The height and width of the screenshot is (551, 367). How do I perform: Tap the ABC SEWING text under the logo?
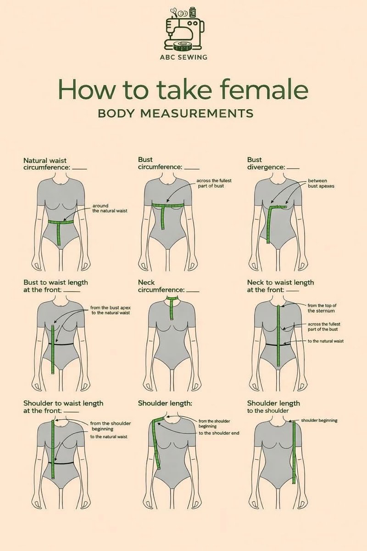(x=183, y=57)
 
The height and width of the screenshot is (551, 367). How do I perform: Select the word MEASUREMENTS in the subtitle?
(x=197, y=113)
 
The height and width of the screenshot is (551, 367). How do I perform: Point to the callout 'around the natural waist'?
(x=110, y=208)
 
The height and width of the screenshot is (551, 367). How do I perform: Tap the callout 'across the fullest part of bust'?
(x=214, y=183)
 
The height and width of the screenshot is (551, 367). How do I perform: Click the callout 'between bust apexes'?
(x=321, y=184)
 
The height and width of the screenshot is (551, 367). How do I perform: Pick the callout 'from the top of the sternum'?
(x=322, y=308)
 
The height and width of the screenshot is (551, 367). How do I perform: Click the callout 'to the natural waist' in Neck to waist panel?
(x=326, y=341)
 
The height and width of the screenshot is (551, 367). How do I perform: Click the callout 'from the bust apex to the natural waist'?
(x=111, y=310)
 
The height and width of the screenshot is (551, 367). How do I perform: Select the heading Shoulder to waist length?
(x=63, y=407)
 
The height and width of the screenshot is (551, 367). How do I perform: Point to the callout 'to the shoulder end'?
(x=219, y=433)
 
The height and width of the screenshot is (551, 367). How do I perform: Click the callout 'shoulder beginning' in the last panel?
(x=319, y=421)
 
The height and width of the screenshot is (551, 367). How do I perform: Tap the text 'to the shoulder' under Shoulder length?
(x=268, y=411)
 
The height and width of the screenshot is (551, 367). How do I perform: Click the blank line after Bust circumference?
(x=192, y=169)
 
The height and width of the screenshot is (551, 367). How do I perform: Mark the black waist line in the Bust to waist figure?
(x=61, y=343)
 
